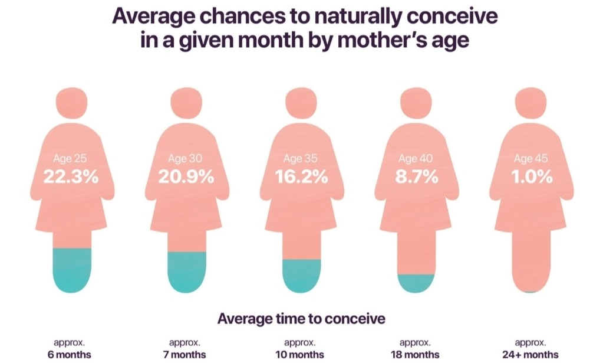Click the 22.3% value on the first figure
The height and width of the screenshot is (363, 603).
(70, 176)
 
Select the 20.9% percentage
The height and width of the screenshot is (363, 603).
(186, 176)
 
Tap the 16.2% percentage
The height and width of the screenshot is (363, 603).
(301, 176)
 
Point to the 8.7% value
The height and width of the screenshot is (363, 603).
(416, 176)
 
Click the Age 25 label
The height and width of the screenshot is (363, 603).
(70, 159)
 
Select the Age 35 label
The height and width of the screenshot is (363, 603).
(301, 159)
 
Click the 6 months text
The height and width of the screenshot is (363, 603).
(70, 355)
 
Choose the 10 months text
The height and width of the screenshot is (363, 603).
(301, 355)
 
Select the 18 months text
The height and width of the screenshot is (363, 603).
(416, 355)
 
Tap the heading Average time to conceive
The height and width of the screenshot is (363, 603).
(301, 319)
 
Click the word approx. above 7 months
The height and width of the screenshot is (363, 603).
(185, 342)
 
